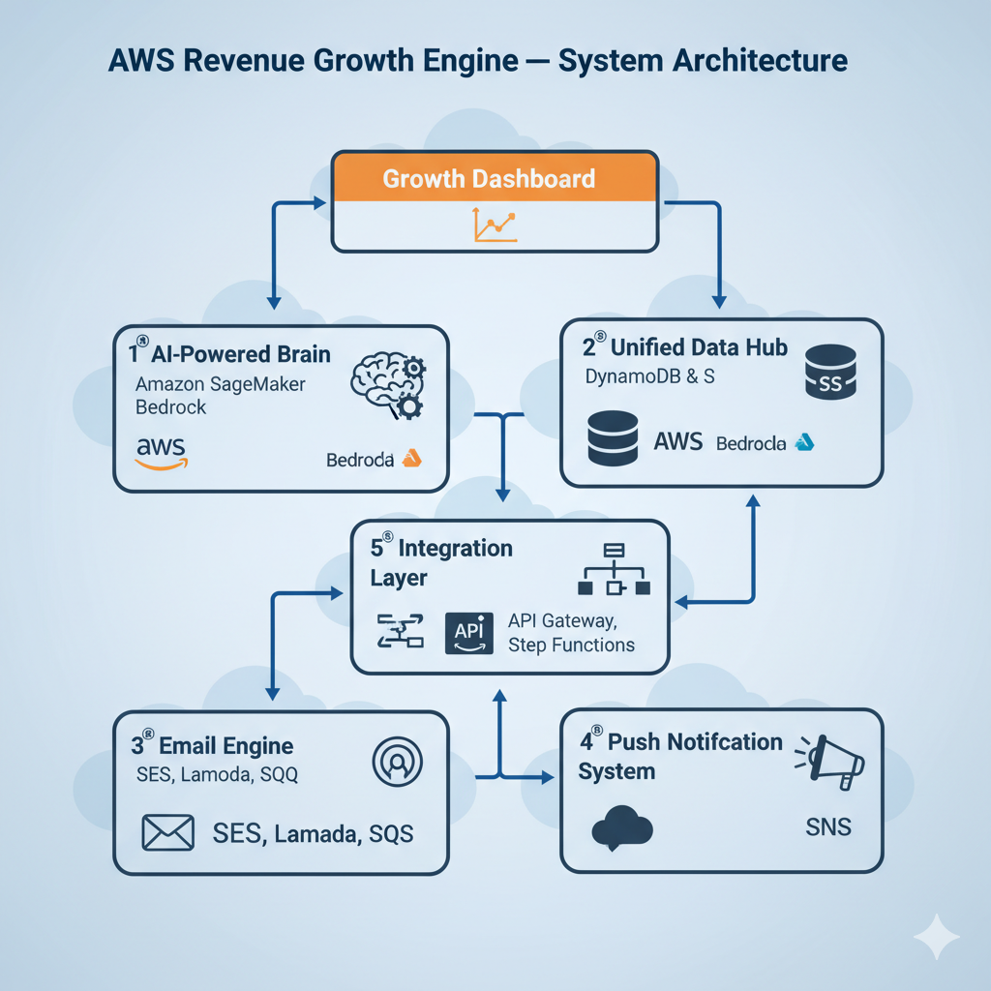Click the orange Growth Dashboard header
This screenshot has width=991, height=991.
pos(494,179)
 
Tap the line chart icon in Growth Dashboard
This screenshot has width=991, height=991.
pos(495,225)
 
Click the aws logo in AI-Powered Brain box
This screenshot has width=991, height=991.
pos(162,452)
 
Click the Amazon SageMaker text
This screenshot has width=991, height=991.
pos(221,384)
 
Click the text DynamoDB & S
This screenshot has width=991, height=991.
pos(650,377)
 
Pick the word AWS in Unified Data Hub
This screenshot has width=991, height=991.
pos(677,442)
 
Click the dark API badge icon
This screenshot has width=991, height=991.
pos(468,632)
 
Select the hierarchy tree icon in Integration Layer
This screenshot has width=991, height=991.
pos(614,570)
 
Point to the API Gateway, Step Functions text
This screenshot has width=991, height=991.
pos(571,632)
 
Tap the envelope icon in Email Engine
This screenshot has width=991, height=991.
pos(168,831)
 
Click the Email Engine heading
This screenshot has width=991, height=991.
pos(225,746)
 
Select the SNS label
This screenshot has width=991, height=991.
pos(828,827)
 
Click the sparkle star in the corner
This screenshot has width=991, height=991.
pos(937,937)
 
